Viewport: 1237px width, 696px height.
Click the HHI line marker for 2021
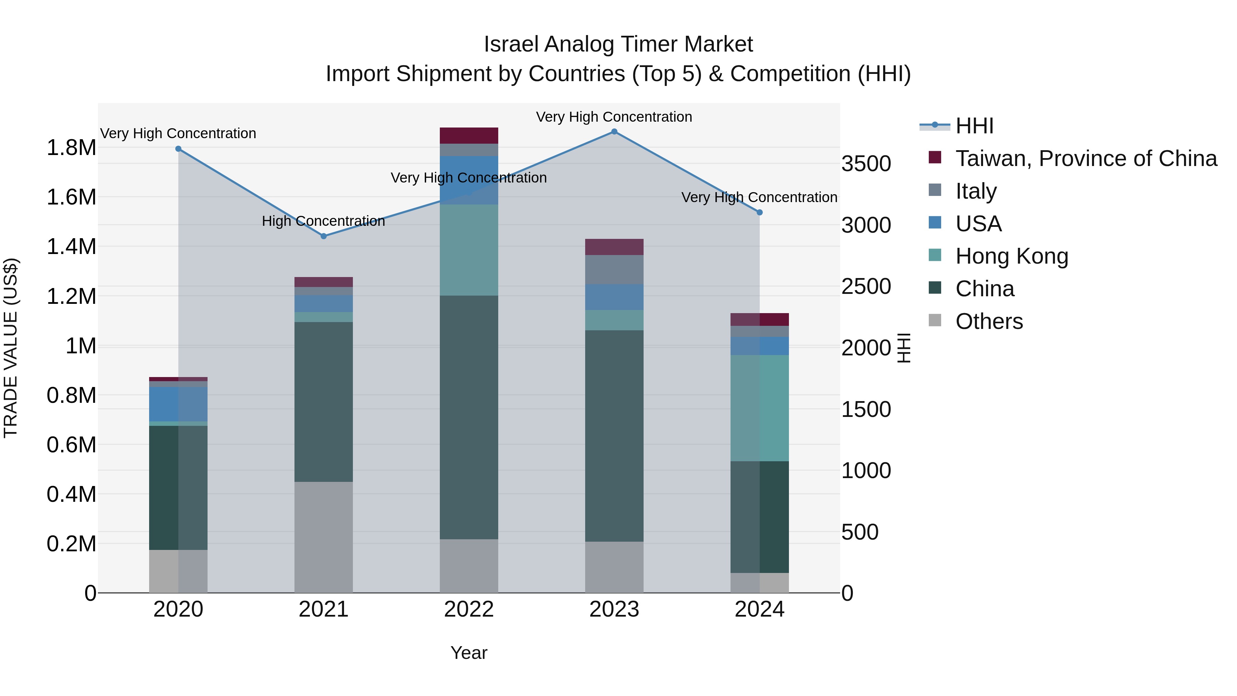tap(324, 236)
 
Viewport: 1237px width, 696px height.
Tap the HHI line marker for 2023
tap(614, 132)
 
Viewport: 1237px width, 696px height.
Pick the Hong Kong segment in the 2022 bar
tap(469, 250)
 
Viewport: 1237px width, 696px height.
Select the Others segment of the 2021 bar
tap(324, 537)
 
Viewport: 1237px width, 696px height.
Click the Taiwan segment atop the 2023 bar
tap(614, 247)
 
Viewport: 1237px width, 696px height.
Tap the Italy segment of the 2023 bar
tap(614, 269)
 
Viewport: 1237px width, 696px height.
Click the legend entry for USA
tap(978, 224)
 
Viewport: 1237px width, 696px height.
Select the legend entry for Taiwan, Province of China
tap(1085, 158)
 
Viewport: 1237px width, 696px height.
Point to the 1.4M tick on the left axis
tap(71, 247)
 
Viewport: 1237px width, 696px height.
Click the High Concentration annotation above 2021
tap(324, 221)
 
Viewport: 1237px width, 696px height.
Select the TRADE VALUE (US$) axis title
tap(11, 348)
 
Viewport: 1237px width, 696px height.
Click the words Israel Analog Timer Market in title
tap(618, 44)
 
